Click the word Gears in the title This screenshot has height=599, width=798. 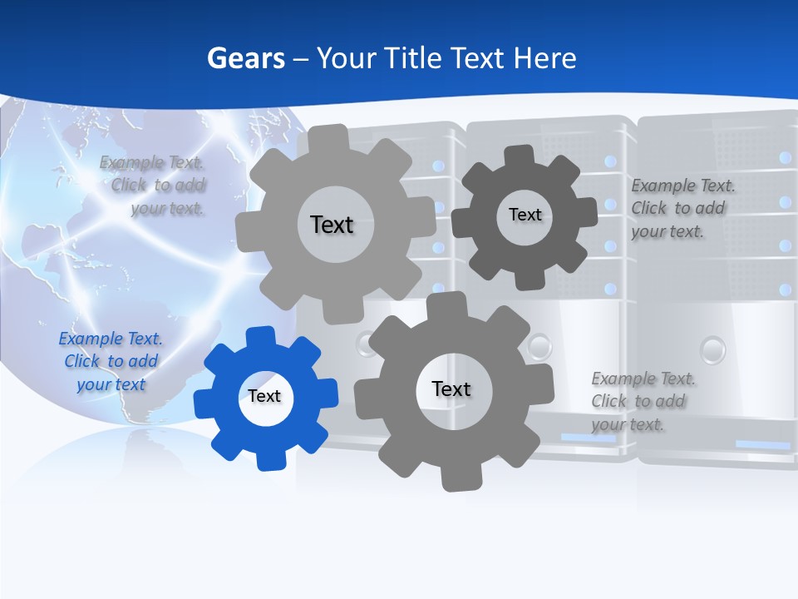(x=245, y=58)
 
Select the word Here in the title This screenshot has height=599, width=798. (x=545, y=58)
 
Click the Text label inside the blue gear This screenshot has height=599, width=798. (x=264, y=397)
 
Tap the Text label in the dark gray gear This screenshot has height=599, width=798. (x=525, y=215)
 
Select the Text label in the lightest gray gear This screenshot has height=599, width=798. (x=332, y=225)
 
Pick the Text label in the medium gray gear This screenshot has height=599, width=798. (x=451, y=389)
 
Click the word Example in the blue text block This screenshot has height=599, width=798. (x=91, y=339)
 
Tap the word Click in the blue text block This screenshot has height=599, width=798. (x=81, y=362)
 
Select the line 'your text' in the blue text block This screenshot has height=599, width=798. (x=111, y=384)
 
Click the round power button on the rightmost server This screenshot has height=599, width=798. (x=712, y=349)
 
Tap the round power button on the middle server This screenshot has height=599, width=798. (x=540, y=344)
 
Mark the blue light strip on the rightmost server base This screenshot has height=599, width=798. (x=762, y=445)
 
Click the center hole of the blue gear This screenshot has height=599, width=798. (x=264, y=397)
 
